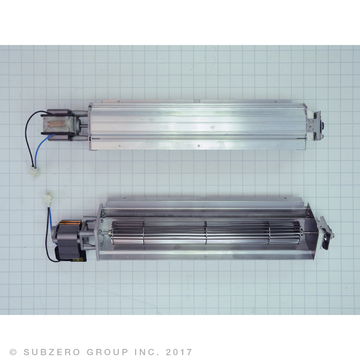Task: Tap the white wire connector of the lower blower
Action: click(x=48, y=198)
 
